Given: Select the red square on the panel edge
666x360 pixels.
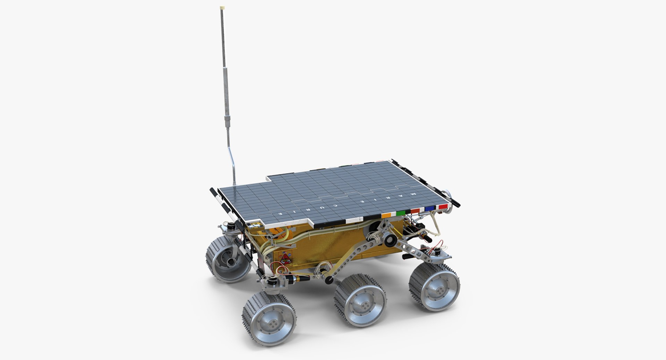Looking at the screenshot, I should tap(443, 206).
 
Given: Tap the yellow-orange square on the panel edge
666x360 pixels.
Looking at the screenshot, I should tap(386, 215).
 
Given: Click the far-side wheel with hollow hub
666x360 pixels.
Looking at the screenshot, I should tap(229, 258).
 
